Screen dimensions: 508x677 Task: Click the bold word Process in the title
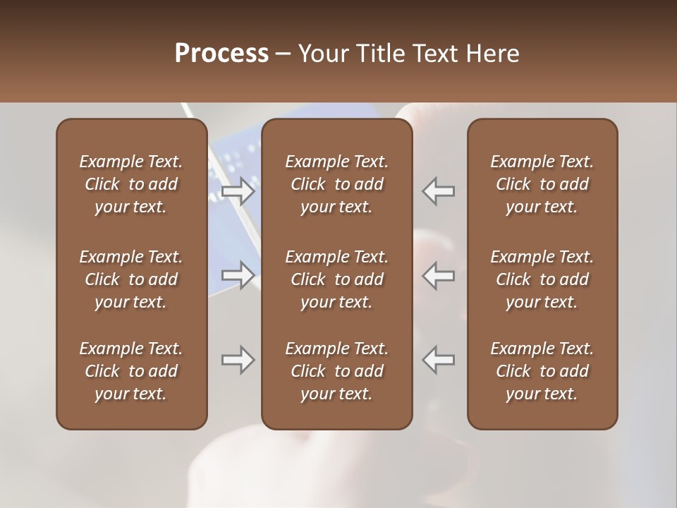pyautogui.click(x=221, y=54)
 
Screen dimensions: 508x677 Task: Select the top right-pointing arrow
pyautogui.click(x=238, y=190)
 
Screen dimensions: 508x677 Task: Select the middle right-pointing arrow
pyautogui.click(x=238, y=274)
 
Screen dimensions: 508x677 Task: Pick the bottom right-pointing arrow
pyautogui.click(x=238, y=360)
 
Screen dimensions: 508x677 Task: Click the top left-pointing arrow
pyautogui.click(x=438, y=190)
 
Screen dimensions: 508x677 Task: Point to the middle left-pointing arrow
pyautogui.click(x=438, y=274)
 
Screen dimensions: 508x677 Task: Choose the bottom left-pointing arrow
pyautogui.click(x=438, y=360)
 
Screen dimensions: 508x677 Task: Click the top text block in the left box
pyautogui.click(x=131, y=184)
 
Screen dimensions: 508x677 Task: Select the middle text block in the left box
pyautogui.click(x=131, y=279)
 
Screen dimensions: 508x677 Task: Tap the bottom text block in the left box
pyautogui.click(x=131, y=371)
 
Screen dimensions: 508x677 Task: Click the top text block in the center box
pyautogui.click(x=337, y=184)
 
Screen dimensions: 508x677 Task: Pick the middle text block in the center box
pyautogui.click(x=337, y=279)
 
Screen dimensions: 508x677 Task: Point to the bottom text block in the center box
pyautogui.click(x=337, y=371)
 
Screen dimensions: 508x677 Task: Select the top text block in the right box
pyautogui.click(x=542, y=184)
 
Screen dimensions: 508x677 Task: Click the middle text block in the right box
pyautogui.click(x=542, y=279)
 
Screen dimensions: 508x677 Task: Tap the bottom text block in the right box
pyautogui.click(x=542, y=371)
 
